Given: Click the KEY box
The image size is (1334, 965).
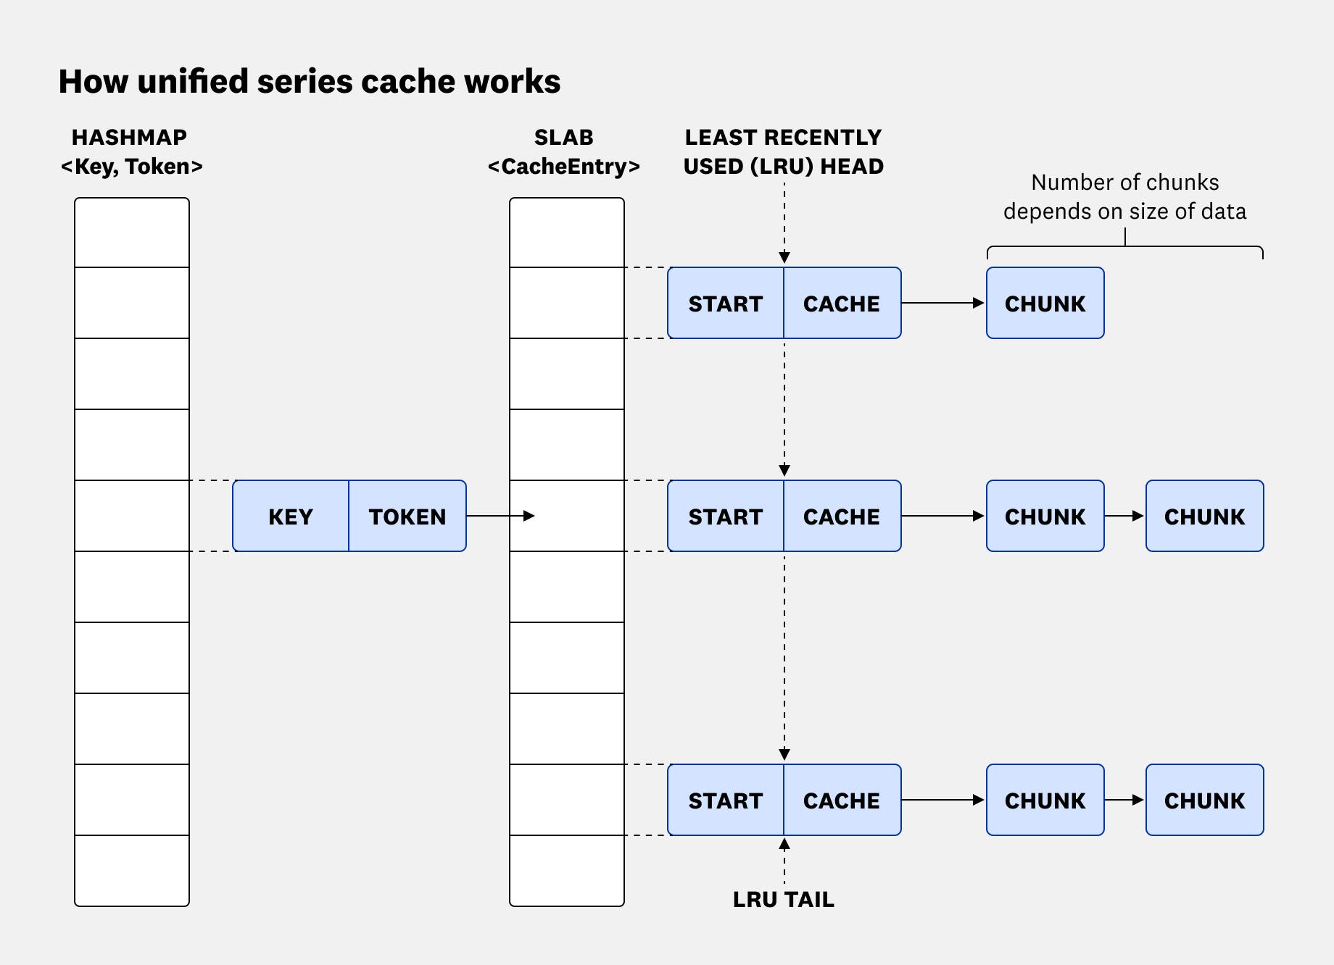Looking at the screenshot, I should click(291, 517).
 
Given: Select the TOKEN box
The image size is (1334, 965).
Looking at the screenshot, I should click(407, 517).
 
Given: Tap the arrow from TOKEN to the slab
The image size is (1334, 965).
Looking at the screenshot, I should click(500, 516).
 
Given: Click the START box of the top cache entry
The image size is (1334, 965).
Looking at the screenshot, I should click(726, 304).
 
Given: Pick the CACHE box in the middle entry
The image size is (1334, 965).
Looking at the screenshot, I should click(842, 517).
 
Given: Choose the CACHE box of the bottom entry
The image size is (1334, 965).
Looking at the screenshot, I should click(842, 801).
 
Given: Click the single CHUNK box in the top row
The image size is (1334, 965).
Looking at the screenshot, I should click(1045, 304).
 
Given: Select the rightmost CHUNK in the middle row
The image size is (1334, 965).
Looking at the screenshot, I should click(1204, 517).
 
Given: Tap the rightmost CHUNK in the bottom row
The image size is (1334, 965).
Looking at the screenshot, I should click(1204, 801).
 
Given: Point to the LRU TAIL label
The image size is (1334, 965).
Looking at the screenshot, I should click(783, 900).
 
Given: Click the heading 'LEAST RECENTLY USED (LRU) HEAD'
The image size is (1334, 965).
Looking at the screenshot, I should click(783, 152).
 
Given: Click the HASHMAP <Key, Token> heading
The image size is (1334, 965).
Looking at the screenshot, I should click(131, 152).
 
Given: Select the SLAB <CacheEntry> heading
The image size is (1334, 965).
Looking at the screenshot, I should click(564, 152).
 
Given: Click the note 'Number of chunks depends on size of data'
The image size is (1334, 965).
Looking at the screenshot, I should click(1124, 196).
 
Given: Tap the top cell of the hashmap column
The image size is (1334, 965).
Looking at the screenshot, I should click(132, 233).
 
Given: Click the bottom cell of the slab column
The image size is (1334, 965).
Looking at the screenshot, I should click(567, 871).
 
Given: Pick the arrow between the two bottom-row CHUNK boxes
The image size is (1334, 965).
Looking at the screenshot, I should click(1124, 800).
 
